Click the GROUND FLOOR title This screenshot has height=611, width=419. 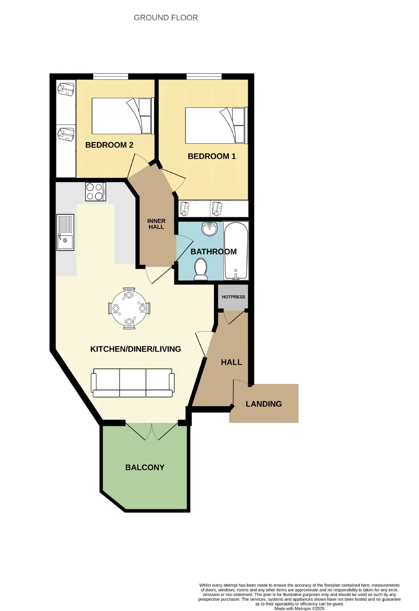[166, 18]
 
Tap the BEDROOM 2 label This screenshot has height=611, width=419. [109, 145]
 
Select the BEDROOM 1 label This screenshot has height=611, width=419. [212, 156]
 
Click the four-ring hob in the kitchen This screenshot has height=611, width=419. [96, 192]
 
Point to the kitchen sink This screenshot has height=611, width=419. [65, 232]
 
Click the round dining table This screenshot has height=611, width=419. [129, 308]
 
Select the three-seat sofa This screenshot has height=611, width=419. [133, 383]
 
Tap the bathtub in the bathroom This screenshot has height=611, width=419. [236, 251]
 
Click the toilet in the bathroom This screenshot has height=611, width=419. [201, 269]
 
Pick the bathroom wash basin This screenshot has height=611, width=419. [209, 229]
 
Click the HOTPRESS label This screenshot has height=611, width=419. [233, 297]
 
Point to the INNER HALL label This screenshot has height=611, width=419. [156, 224]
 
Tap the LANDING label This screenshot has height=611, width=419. [264, 404]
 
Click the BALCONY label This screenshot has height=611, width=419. [145, 468]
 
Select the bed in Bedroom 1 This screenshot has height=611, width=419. [216, 125]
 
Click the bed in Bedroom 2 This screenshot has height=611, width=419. [123, 116]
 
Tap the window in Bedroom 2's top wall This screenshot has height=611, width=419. [111, 77]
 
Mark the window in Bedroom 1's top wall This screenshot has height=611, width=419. [204, 77]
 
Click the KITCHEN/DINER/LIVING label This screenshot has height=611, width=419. [136, 349]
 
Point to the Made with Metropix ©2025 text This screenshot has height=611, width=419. [300, 608]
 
